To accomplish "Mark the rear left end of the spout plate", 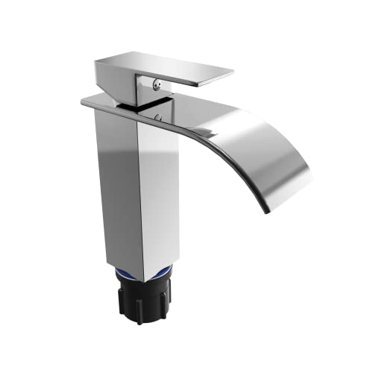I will point(86,101).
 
